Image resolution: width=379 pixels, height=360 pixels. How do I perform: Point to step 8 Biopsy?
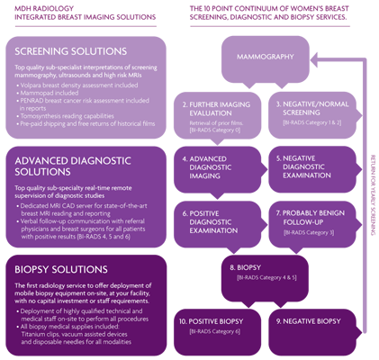(x=245, y=267)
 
